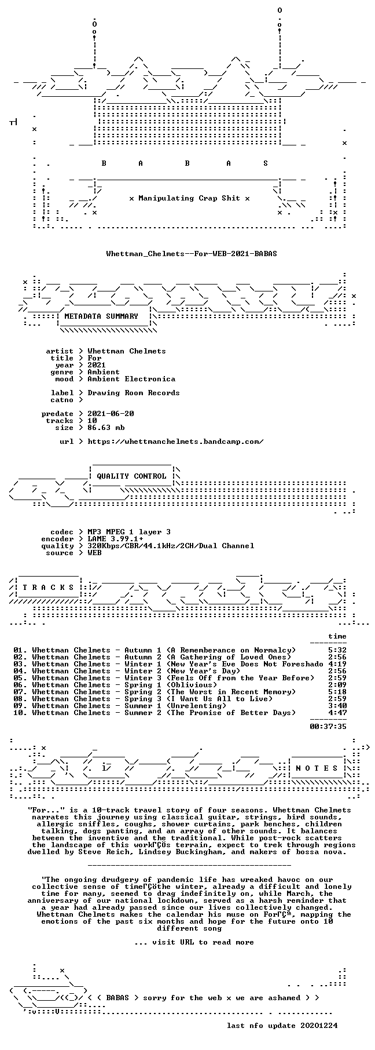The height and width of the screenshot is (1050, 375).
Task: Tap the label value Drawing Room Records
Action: coord(134,393)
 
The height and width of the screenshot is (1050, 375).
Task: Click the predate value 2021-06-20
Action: coord(111,414)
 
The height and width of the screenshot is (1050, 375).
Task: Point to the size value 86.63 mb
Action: coord(106,428)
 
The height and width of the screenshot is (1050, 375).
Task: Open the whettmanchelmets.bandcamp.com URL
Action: coord(175,442)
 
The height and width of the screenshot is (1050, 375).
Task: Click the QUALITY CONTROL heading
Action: coord(131,476)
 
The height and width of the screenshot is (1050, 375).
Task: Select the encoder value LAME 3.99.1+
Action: coord(115,539)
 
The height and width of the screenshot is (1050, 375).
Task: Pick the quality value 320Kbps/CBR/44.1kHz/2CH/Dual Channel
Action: coord(171,546)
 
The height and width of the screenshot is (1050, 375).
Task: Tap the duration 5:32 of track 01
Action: coord(337,650)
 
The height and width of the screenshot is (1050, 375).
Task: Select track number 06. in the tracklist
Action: coord(20,685)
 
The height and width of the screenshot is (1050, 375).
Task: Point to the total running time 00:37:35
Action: coord(328,726)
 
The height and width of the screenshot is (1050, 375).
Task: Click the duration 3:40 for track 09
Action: coord(337,706)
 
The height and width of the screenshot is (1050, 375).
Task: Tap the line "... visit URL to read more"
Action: coord(194,942)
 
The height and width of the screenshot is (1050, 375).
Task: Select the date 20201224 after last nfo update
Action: coord(319,1026)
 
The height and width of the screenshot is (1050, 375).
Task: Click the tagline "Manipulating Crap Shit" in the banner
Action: coord(189,198)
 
